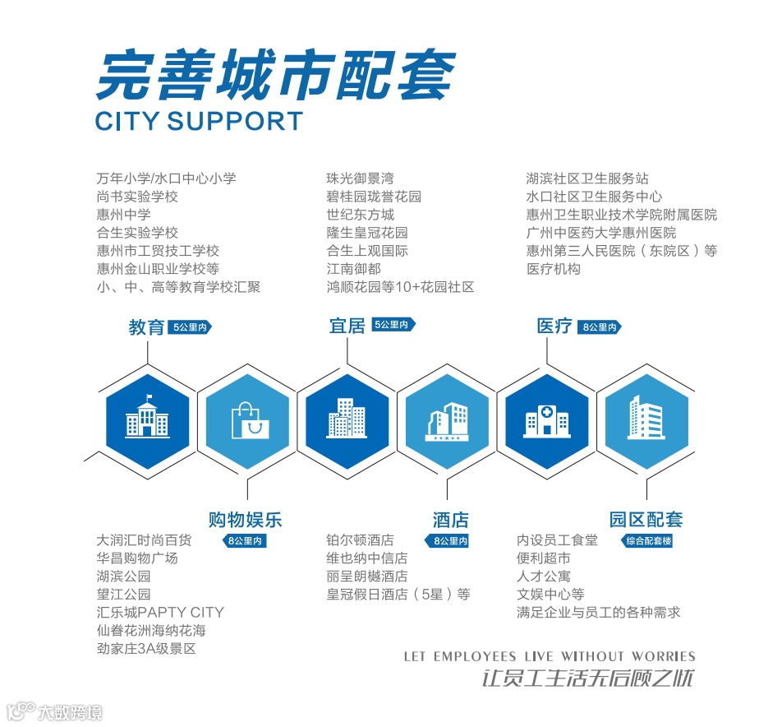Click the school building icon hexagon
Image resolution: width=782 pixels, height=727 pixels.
click(x=148, y=420)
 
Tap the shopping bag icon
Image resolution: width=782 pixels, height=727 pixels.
click(x=249, y=420)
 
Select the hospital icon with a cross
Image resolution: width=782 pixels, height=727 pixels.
click(x=546, y=420)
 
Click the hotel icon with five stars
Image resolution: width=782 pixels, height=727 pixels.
click(x=448, y=420)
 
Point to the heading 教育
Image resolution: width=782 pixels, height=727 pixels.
click(x=146, y=327)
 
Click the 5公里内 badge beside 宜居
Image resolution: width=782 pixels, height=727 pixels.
click(x=393, y=325)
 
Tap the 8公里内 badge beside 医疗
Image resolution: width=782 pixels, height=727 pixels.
click(x=600, y=327)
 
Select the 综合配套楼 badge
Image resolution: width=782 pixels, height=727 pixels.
click(x=648, y=541)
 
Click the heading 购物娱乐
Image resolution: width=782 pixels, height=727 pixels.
click(x=245, y=520)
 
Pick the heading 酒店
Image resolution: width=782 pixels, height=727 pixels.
click(x=450, y=520)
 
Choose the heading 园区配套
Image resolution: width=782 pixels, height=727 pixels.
click(x=646, y=520)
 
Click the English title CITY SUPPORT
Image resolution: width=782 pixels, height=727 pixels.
click(x=199, y=121)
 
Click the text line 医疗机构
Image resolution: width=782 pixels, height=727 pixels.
click(x=553, y=269)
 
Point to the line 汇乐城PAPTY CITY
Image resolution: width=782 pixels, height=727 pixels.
click(x=159, y=613)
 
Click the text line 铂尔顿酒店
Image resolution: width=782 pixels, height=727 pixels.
click(x=360, y=540)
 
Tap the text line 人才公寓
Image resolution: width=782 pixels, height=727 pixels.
click(x=543, y=577)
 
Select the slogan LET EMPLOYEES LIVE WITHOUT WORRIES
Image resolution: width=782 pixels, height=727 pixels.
click(x=549, y=656)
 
